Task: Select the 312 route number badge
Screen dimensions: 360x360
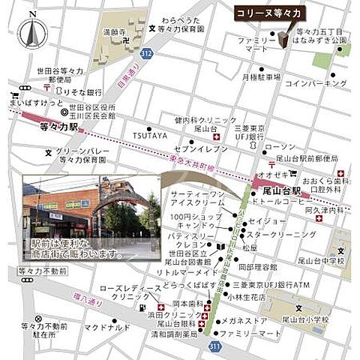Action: click(147, 54)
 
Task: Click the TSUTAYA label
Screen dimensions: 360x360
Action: click(150, 135)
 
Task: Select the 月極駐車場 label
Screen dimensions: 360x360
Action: click(260, 76)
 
